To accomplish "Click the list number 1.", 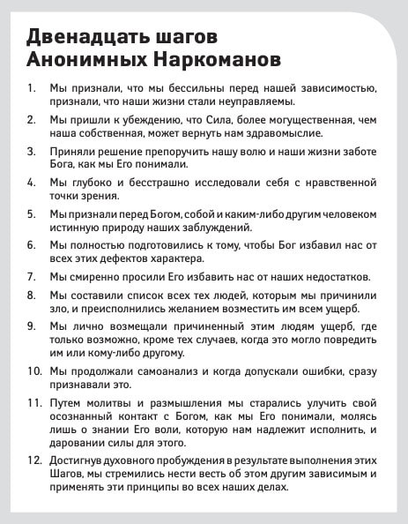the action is point(31,89).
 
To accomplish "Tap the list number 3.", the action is point(31,150).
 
